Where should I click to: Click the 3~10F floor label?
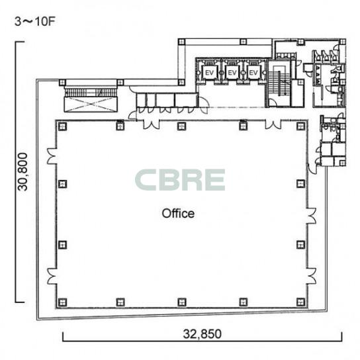35,22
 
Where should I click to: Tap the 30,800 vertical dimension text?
23,172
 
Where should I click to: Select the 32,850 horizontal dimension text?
202,334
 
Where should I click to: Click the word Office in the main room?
178,213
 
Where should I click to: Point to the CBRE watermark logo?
180,180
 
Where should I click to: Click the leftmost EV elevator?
209,73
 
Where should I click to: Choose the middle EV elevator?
232,73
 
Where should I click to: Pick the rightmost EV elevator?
253,73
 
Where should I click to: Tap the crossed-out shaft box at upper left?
91,105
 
